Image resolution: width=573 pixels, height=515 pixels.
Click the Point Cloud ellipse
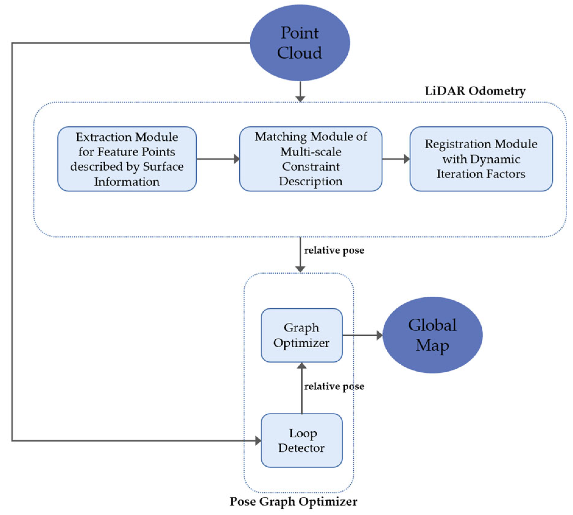(x=300, y=43)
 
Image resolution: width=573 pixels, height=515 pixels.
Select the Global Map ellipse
(x=432, y=335)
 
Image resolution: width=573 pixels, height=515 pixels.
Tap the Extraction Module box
(x=127, y=159)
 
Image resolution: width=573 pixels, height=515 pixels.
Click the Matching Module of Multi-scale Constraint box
(x=311, y=159)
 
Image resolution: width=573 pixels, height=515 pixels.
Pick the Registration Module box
(x=481, y=159)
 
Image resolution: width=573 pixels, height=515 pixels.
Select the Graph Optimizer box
(x=301, y=335)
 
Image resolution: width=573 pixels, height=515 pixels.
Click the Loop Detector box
(x=301, y=440)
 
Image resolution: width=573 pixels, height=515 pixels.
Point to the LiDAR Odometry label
(x=475, y=91)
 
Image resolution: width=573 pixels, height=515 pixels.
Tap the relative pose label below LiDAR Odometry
(x=334, y=250)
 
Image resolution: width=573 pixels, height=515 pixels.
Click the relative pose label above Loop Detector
(x=334, y=386)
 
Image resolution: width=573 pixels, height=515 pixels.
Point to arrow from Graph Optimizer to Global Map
(x=362, y=335)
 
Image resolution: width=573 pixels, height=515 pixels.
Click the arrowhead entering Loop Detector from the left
(x=258, y=440)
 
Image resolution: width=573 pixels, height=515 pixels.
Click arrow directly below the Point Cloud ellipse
(x=300, y=91)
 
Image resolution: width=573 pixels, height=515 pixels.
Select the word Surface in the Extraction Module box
(x=163, y=166)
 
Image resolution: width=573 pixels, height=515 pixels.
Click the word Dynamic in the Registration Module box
(x=495, y=159)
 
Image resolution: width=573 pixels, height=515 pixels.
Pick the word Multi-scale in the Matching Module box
(x=311, y=152)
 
